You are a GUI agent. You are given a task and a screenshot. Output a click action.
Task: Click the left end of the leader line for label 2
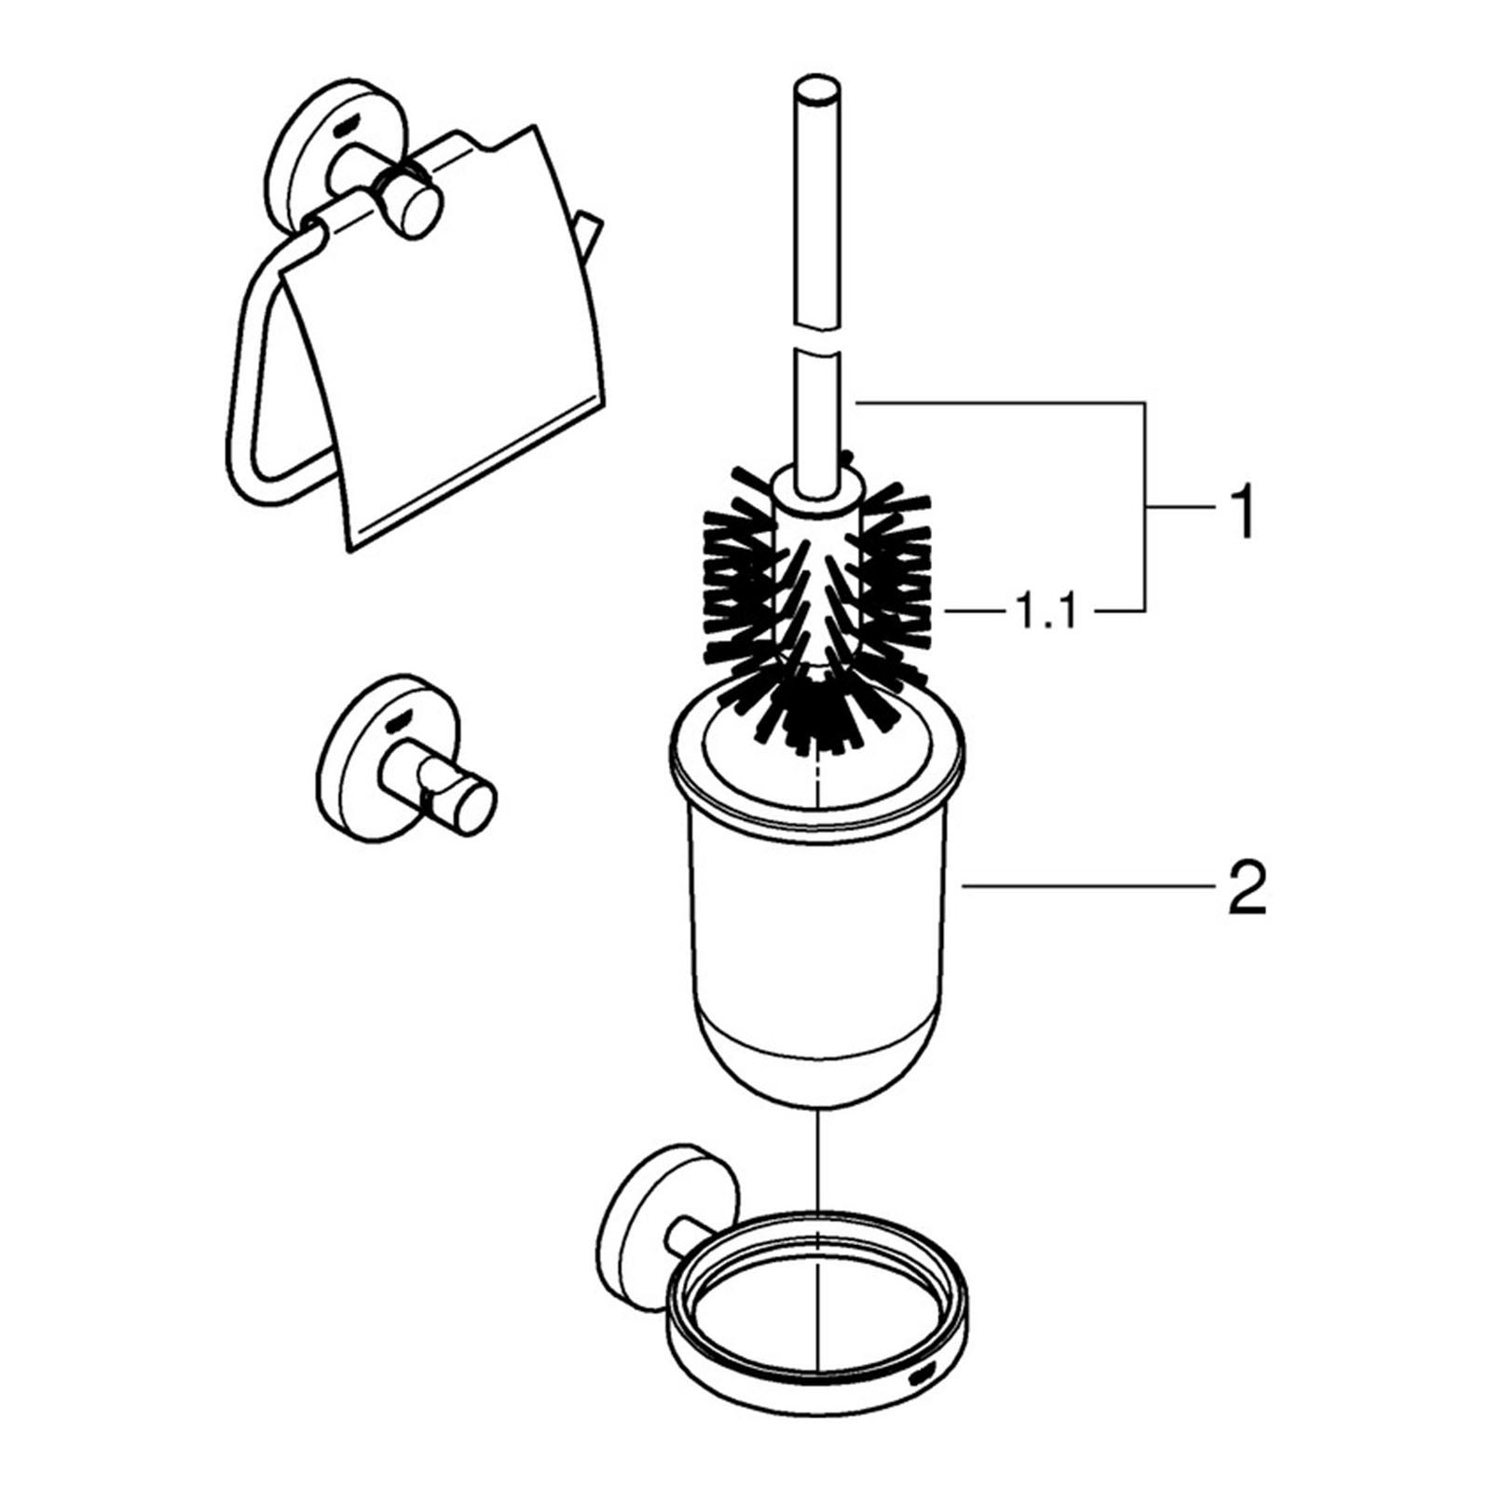[963, 888]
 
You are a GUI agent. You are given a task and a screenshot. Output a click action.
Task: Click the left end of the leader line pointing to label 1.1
[947, 611]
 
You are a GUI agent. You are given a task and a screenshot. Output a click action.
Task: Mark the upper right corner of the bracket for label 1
[1144, 403]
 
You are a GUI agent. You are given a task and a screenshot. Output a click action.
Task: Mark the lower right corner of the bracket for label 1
[1144, 611]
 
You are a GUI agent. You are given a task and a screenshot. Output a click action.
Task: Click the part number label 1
[1240, 510]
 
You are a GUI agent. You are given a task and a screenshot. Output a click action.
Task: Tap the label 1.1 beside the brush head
[1045, 612]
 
